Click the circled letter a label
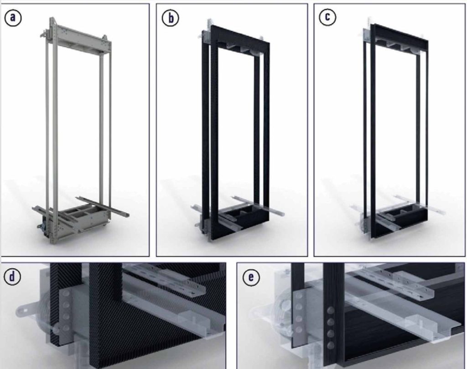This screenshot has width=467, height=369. [13, 18]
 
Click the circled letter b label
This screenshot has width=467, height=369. [171, 18]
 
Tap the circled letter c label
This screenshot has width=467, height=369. [327, 17]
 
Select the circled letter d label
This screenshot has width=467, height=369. [12, 277]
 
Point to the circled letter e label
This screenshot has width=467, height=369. [251, 277]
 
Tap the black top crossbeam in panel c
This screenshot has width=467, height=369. [401, 35]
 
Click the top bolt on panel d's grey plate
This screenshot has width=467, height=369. [66, 295]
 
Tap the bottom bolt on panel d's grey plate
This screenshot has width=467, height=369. [66, 328]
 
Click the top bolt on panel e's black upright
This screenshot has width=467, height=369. [330, 311]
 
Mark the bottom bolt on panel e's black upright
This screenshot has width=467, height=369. [331, 346]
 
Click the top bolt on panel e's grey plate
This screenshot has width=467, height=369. [299, 295]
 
